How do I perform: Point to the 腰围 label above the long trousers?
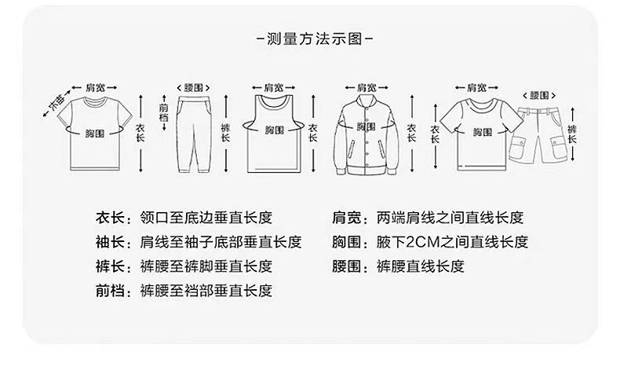point(193,87)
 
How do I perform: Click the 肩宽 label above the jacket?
point(367,87)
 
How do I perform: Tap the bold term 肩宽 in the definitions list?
point(346,218)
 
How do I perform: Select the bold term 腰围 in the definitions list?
point(346,266)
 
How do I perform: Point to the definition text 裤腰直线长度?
point(421,266)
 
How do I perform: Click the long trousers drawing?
point(194,134)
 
